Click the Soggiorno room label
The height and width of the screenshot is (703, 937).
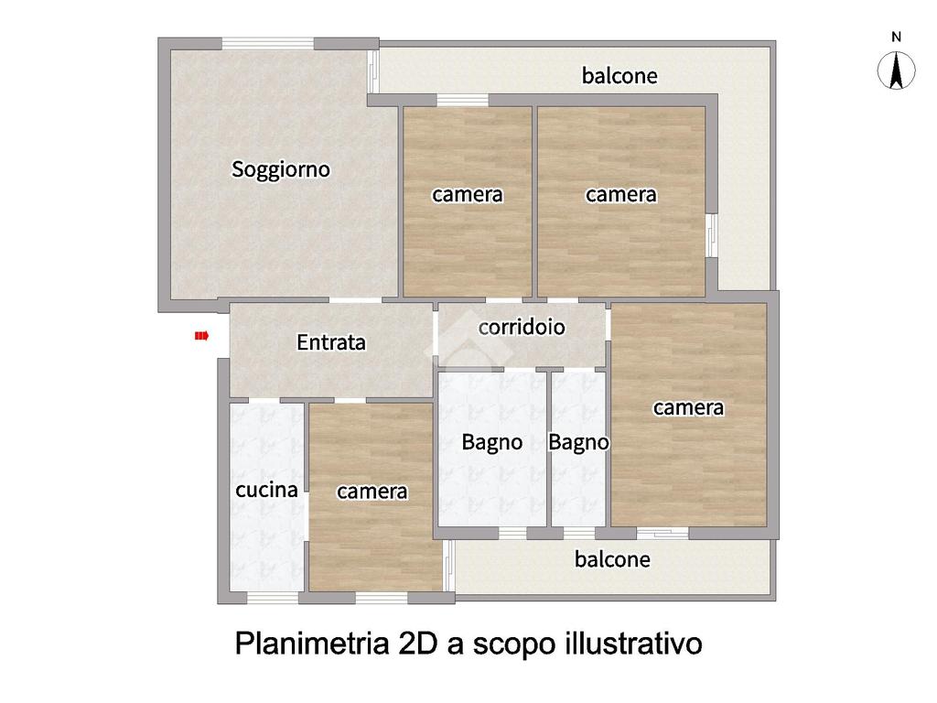280,169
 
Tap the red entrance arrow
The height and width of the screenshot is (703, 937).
201,336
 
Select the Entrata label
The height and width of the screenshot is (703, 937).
331,342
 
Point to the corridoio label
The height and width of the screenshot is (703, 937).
522,327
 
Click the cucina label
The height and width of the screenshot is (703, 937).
266,491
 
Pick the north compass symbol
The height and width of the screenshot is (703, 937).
897,70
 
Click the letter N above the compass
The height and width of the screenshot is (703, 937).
897,37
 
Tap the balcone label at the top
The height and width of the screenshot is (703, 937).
619,76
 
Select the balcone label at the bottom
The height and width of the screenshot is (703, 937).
612,559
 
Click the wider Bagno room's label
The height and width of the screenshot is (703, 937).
491,443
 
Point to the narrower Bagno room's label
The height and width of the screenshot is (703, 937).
578,443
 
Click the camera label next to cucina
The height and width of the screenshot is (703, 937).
372,492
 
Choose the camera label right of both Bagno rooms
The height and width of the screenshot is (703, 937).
688,408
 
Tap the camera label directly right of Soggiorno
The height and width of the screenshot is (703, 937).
468,195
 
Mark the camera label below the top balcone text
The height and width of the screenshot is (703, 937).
621,195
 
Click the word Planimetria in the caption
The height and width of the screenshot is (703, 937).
312,644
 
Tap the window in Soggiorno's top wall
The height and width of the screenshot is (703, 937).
268,44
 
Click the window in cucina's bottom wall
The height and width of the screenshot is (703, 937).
273,598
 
